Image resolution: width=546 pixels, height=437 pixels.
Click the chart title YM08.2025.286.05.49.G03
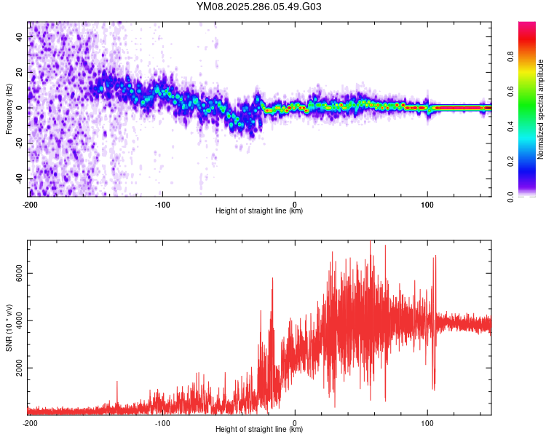pos(259,7)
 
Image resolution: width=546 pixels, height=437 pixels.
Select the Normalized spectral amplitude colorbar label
pos(541,109)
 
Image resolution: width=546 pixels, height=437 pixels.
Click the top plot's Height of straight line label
pos(259,211)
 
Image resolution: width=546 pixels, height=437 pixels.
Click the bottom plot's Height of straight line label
pos(259,430)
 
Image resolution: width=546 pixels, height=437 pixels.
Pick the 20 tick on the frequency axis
pos(20,72)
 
